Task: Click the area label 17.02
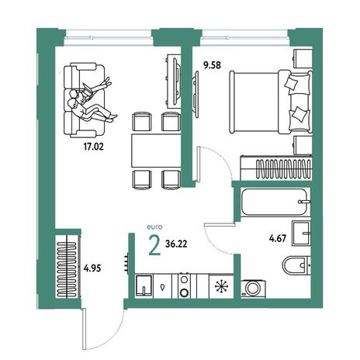(x=93, y=147)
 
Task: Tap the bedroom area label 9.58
(x=212, y=65)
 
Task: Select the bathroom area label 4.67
(x=278, y=238)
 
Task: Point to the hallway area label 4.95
(x=92, y=268)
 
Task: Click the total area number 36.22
(x=176, y=244)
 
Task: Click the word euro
(x=154, y=227)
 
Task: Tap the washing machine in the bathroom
(x=253, y=288)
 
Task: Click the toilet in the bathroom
(x=296, y=265)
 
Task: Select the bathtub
(x=275, y=202)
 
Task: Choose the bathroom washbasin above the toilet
(x=301, y=233)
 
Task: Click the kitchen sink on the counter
(x=144, y=286)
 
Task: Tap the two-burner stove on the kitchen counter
(x=184, y=286)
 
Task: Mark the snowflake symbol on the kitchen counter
(x=222, y=286)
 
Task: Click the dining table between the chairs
(x=156, y=151)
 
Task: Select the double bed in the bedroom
(x=271, y=102)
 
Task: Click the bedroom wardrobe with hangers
(x=276, y=168)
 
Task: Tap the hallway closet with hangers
(x=67, y=269)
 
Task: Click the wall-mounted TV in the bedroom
(x=196, y=94)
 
